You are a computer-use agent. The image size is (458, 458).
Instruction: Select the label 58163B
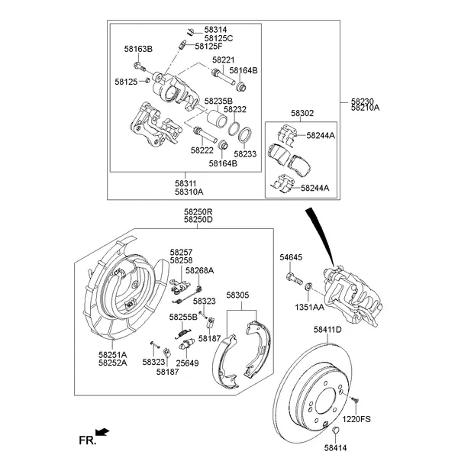tap(138, 49)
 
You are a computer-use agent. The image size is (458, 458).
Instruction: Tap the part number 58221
tap(223, 60)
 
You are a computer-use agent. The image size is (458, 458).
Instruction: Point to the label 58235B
tap(218, 101)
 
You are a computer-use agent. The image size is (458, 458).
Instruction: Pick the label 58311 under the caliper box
tap(185, 183)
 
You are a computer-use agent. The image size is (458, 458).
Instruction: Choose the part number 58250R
tap(198, 212)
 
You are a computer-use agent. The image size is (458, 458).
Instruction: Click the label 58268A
tap(199, 270)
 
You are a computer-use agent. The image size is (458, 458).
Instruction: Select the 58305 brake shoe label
tap(237, 295)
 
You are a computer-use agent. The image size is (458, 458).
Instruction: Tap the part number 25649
tap(188, 363)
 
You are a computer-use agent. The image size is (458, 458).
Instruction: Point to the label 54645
tap(291, 259)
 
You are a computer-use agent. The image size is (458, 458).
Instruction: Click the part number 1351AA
tap(310, 308)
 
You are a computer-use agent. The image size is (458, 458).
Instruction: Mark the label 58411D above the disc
tap(327, 330)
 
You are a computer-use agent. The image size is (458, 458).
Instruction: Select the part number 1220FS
tap(356, 419)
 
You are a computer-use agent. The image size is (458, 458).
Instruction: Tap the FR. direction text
tap(87, 440)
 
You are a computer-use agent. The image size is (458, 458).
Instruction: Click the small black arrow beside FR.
tap(102, 432)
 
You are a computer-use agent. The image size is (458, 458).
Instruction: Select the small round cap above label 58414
tap(334, 434)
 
